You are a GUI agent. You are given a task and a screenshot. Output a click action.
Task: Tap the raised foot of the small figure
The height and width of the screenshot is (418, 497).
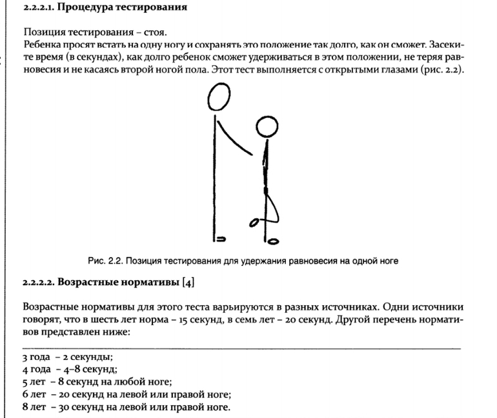point(255,223)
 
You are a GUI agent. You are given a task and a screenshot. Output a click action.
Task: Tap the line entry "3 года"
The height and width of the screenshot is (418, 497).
point(37,357)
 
